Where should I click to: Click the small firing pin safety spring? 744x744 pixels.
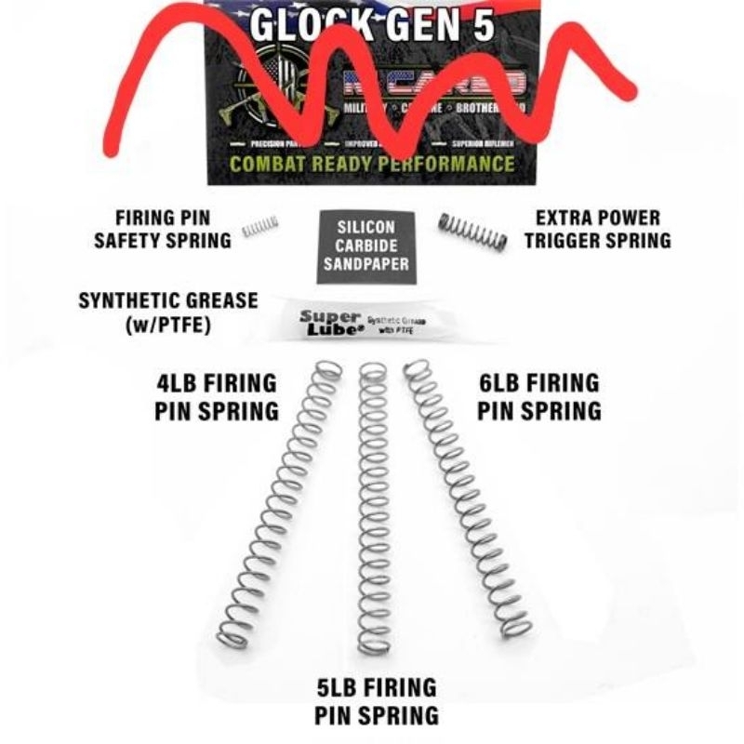click(x=260, y=226)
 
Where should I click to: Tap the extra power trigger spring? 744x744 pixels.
click(x=472, y=232)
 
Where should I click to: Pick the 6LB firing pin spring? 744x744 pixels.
click(x=470, y=502)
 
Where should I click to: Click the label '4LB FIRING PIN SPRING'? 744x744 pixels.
click(x=216, y=397)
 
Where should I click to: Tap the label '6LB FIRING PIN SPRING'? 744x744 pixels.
click(x=538, y=397)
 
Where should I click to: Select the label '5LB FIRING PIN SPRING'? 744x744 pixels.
click(x=376, y=702)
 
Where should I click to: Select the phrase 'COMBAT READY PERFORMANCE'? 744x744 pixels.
click(x=372, y=165)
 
